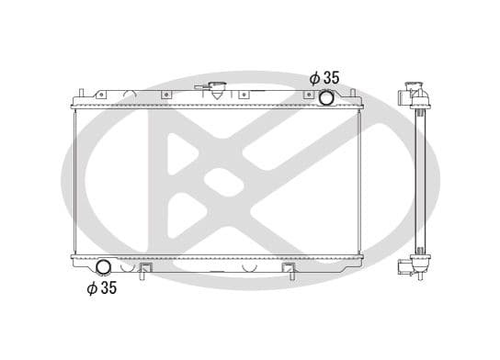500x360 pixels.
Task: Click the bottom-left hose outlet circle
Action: [104, 267]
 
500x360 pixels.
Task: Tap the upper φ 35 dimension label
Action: [324, 78]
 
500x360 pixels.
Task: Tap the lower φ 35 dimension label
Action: [102, 288]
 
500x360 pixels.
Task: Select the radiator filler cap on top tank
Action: [216, 91]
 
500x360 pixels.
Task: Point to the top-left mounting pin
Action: [80, 92]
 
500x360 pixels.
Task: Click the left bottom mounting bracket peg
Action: [143, 272]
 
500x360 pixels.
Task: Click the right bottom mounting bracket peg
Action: [289, 272]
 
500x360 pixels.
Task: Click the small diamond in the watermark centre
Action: [217, 180]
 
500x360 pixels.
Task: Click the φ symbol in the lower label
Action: [91, 288]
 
